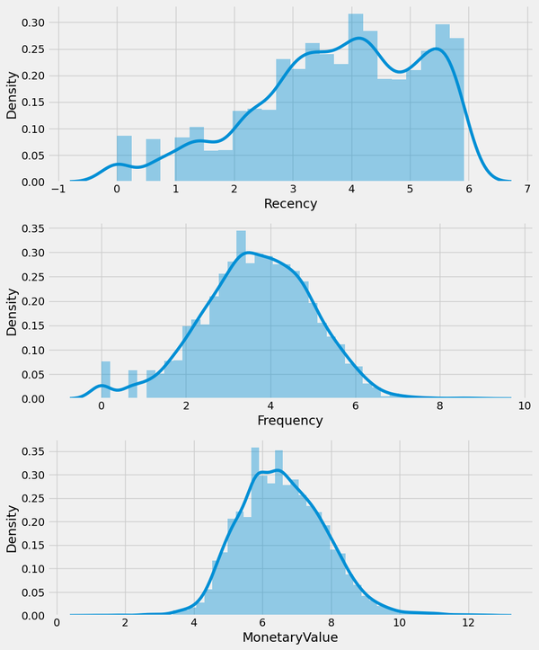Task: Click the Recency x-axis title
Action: pyautogui.click(x=291, y=204)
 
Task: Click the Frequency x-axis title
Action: pyautogui.click(x=289, y=421)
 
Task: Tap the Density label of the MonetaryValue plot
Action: pyautogui.click(x=12, y=530)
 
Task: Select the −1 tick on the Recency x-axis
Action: pyautogui.click(x=57, y=189)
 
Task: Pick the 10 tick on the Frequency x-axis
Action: pyautogui.click(x=522, y=405)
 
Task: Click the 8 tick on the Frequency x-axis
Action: pyautogui.click(x=438, y=405)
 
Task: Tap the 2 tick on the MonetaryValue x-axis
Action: pyautogui.click(x=125, y=622)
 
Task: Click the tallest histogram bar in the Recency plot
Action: pyautogui.click(x=356, y=99)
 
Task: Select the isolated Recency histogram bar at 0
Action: pyautogui.click(x=124, y=159)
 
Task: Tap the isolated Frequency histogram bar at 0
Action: pyautogui.click(x=105, y=379)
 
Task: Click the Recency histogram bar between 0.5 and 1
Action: pyautogui.click(x=153, y=161)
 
